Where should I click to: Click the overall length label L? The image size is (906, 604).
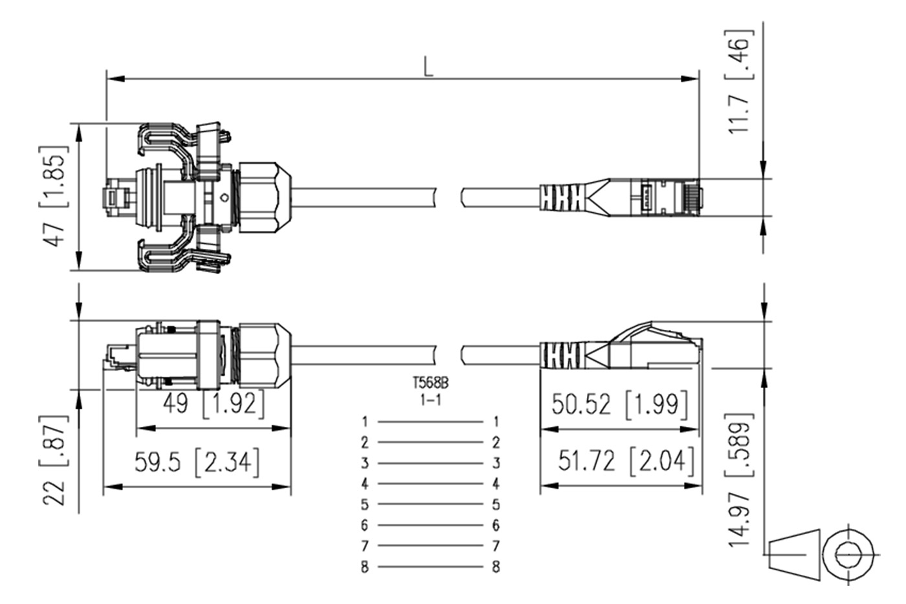click(x=428, y=67)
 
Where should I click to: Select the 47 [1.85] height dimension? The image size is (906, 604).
click(x=54, y=196)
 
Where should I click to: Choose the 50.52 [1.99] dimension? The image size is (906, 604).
click(x=620, y=404)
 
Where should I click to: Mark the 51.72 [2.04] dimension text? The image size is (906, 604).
click(x=626, y=461)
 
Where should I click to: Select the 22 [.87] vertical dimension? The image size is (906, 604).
click(x=54, y=460)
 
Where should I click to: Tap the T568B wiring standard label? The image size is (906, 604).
click(x=430, y=382)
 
